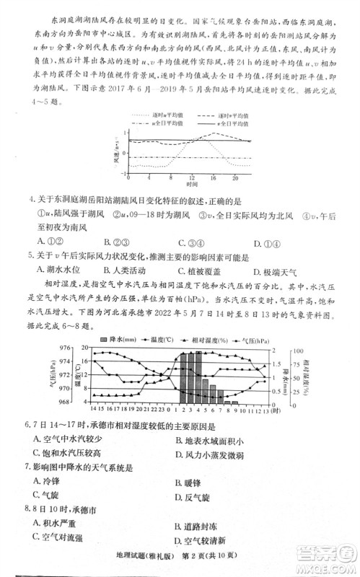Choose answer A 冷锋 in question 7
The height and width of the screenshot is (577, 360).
(46, 482)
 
